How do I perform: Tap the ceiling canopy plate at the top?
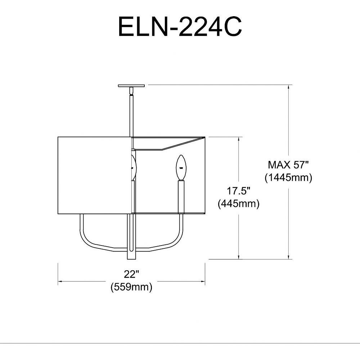(x=131, y=86)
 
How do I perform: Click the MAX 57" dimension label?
(x=288, y=165)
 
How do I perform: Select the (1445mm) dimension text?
(x=288, y=177)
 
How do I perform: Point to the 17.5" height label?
(x=238, y=191)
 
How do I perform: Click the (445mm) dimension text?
(x=239, y=203)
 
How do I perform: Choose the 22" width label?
(x=131, y=274)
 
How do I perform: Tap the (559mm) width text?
(x=131, y=287)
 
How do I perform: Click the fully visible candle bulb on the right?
(x=181, y=167)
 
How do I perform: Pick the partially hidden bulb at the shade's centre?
(x=134, y=167)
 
